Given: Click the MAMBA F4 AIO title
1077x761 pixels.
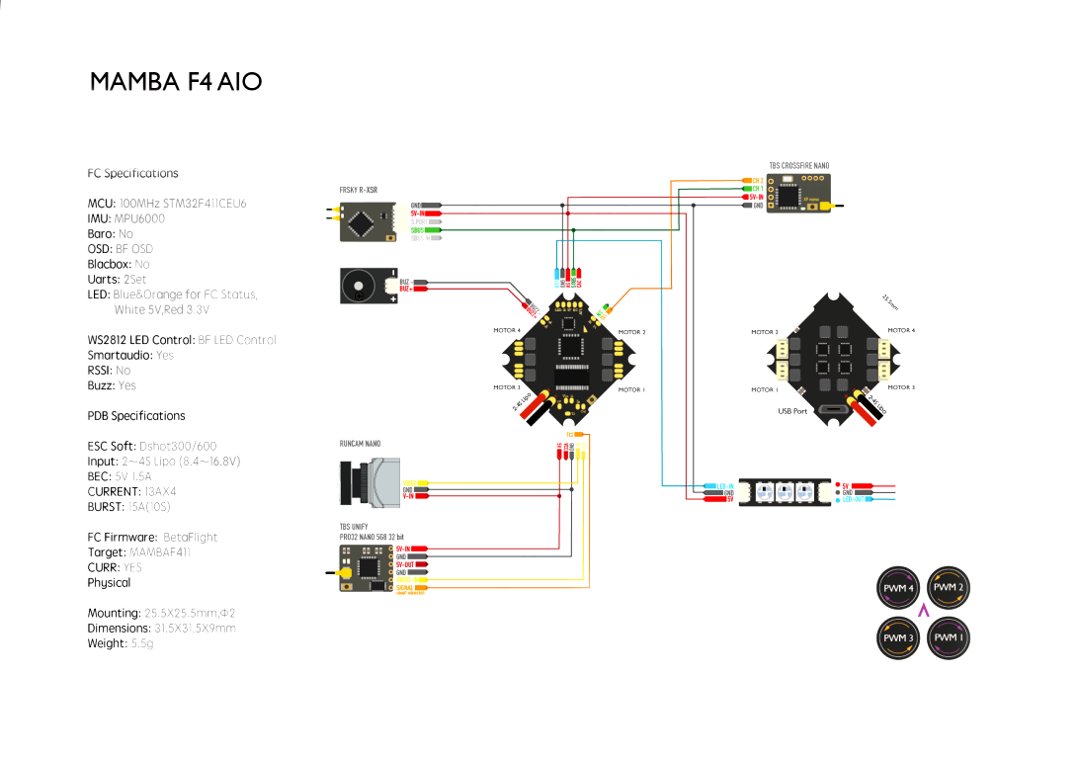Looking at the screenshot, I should pos(176,82).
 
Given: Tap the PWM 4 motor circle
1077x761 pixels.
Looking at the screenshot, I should pos(897,587).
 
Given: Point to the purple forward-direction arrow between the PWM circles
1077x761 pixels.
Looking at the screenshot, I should pos(923,612).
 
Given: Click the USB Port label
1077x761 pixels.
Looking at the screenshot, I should pos(792,411).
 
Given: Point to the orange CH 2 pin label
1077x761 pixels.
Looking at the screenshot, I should pos(757,181).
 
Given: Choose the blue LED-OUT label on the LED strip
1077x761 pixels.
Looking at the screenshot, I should pos(854,499).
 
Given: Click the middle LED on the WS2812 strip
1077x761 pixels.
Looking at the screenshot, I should pos(786,491).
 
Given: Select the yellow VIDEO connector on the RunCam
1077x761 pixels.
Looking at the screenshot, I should pos(415,482).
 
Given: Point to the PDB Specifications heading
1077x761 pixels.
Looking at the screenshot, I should pos(136,416).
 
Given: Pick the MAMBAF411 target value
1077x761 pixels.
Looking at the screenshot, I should pos(160,552).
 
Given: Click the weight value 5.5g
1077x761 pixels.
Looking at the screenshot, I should pos(142,643).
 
